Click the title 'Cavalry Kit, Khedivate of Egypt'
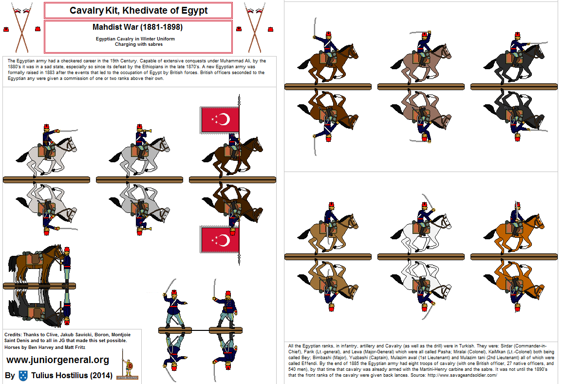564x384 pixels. (138, 10)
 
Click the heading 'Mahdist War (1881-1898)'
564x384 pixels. (138, 27)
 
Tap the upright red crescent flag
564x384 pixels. (220, 119)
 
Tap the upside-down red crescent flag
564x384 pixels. (220, 240)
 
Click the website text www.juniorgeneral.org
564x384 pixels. (57, 360)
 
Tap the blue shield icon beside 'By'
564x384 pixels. (23, 375)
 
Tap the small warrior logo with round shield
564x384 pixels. (128, 369)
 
